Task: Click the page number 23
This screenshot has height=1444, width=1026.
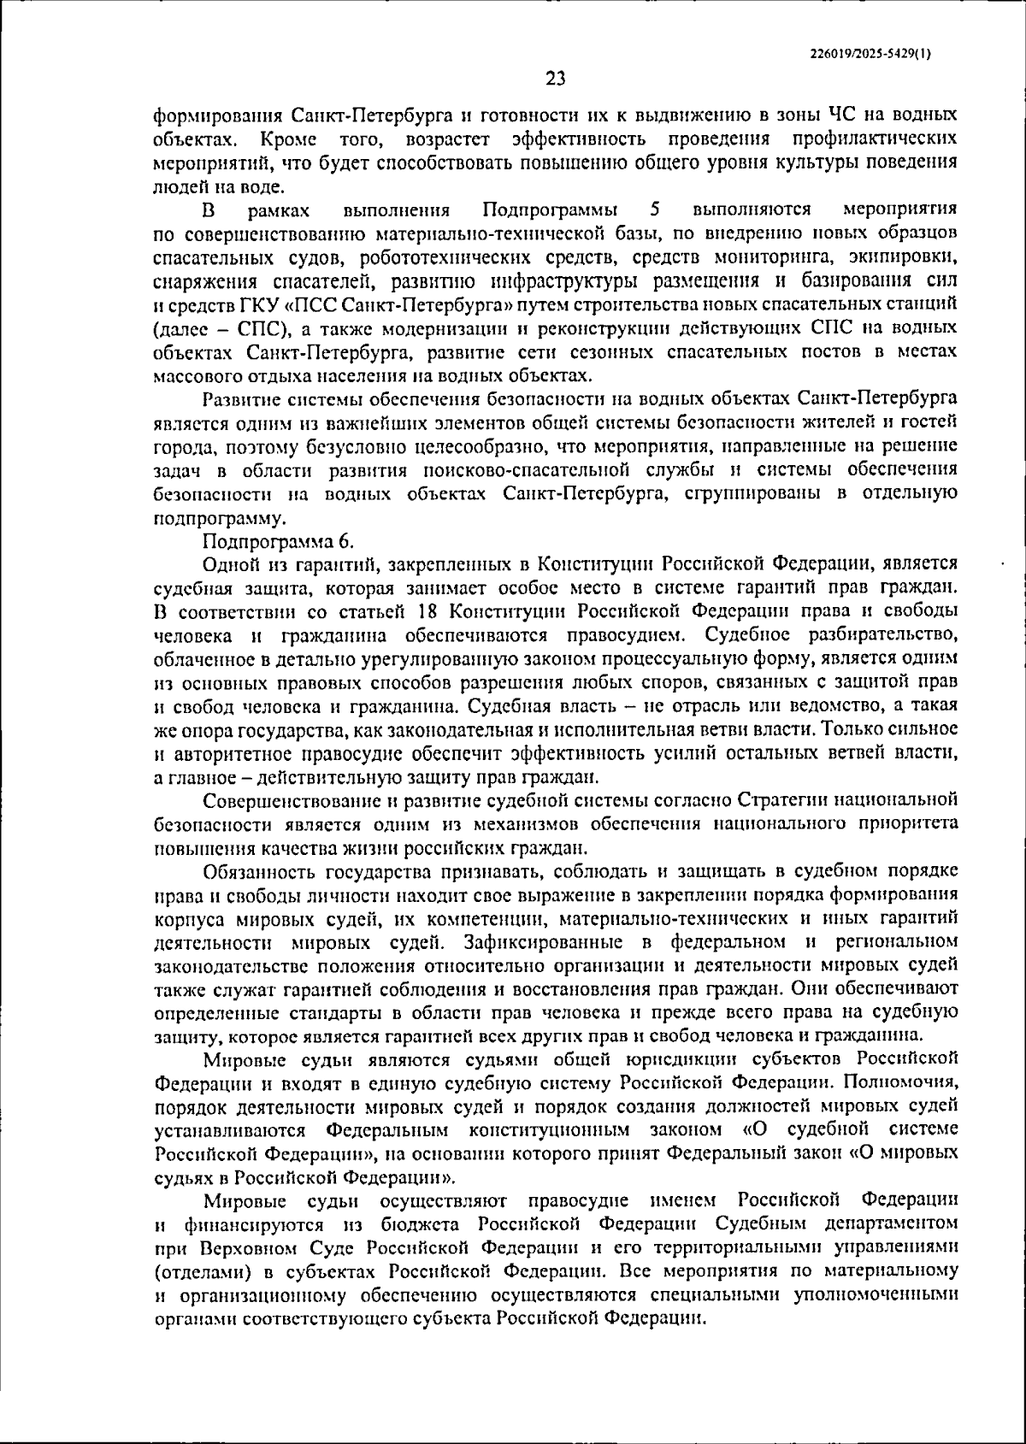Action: point(556,80)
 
